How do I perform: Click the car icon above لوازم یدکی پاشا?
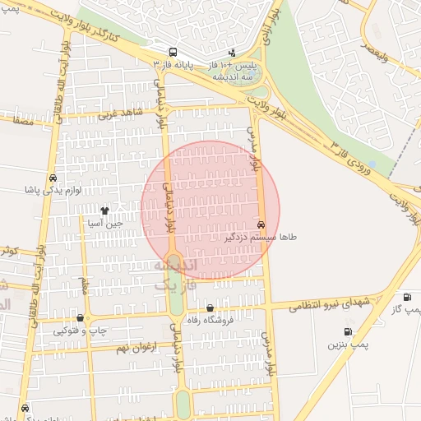[53, 178]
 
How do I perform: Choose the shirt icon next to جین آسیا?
[104, 210]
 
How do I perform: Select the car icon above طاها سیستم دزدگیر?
[261, 224]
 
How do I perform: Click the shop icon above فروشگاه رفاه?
[210, 308]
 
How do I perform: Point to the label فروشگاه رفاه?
[210, 320]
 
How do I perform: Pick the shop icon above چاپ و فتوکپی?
[80, 318]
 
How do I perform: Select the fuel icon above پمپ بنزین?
[348, 333]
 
